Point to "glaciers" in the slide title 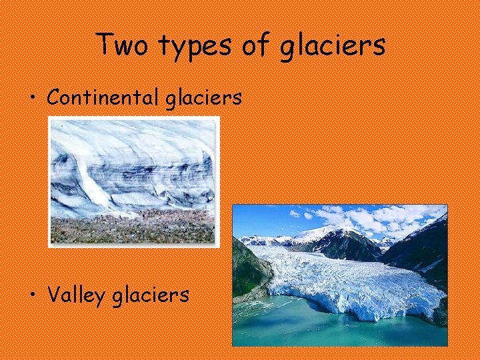tap(332, 47)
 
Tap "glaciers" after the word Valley tap(151, 295)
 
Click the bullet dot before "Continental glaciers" tap(32, 99)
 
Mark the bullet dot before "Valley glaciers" tap(32, 295)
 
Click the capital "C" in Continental tap(53, 97)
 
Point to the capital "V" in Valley tap(54, 294)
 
